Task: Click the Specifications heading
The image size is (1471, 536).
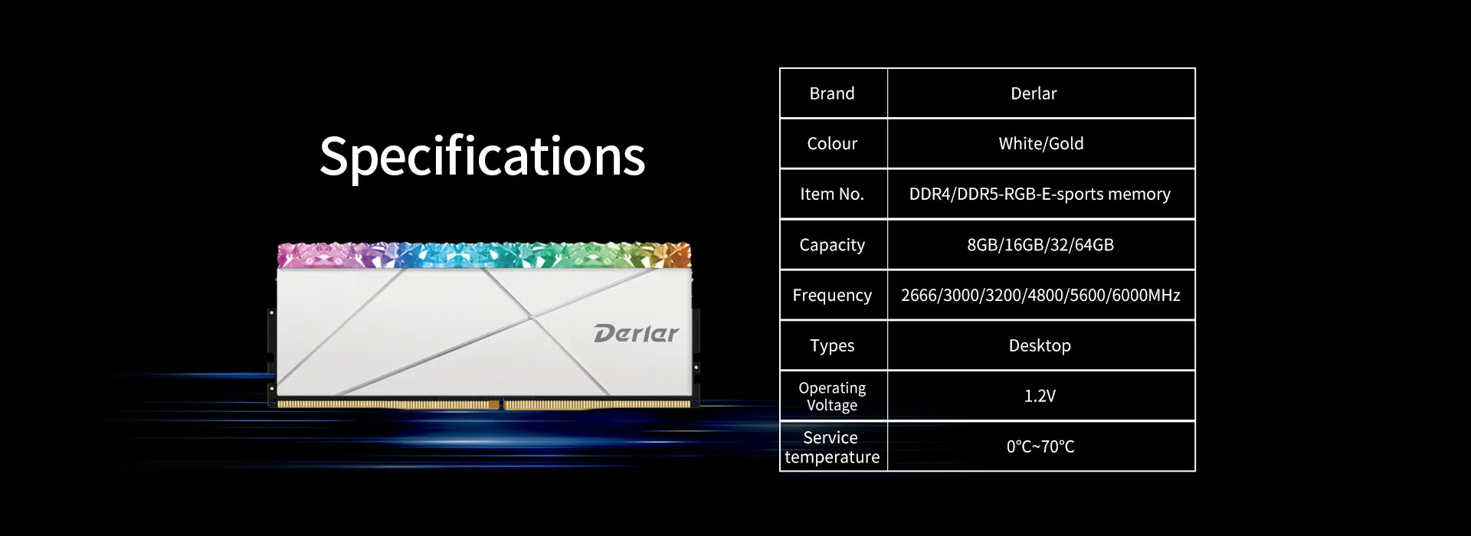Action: [482, 157]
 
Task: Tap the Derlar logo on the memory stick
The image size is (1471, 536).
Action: [636, 334]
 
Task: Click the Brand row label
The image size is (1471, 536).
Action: [832, 93]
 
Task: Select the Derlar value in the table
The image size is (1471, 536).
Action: [1034, 93]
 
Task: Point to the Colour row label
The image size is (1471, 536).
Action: [832, 143]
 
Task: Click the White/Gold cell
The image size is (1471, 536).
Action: [1041, 143]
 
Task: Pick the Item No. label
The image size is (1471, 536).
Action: [832, 194]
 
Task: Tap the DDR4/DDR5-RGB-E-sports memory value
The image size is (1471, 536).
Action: [1040, 194]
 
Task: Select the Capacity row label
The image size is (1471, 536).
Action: [832, 245]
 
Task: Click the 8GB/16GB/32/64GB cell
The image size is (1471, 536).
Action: [1040, 245]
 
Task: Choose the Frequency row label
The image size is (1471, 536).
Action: [832, 296]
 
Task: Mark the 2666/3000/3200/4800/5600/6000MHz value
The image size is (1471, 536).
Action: [1040, 296]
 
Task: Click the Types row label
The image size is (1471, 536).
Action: [832, 346]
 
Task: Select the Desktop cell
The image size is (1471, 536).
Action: [1040, 346]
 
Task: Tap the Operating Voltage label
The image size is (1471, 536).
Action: [832, 397]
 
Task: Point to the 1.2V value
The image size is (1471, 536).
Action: [1040, 396]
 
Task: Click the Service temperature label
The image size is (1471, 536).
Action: [832, 447]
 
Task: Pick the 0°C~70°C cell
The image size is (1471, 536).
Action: [1040, 446]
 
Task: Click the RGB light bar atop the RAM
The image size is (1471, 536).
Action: [484, 255]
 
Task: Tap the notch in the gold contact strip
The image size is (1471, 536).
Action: [502, 404]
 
